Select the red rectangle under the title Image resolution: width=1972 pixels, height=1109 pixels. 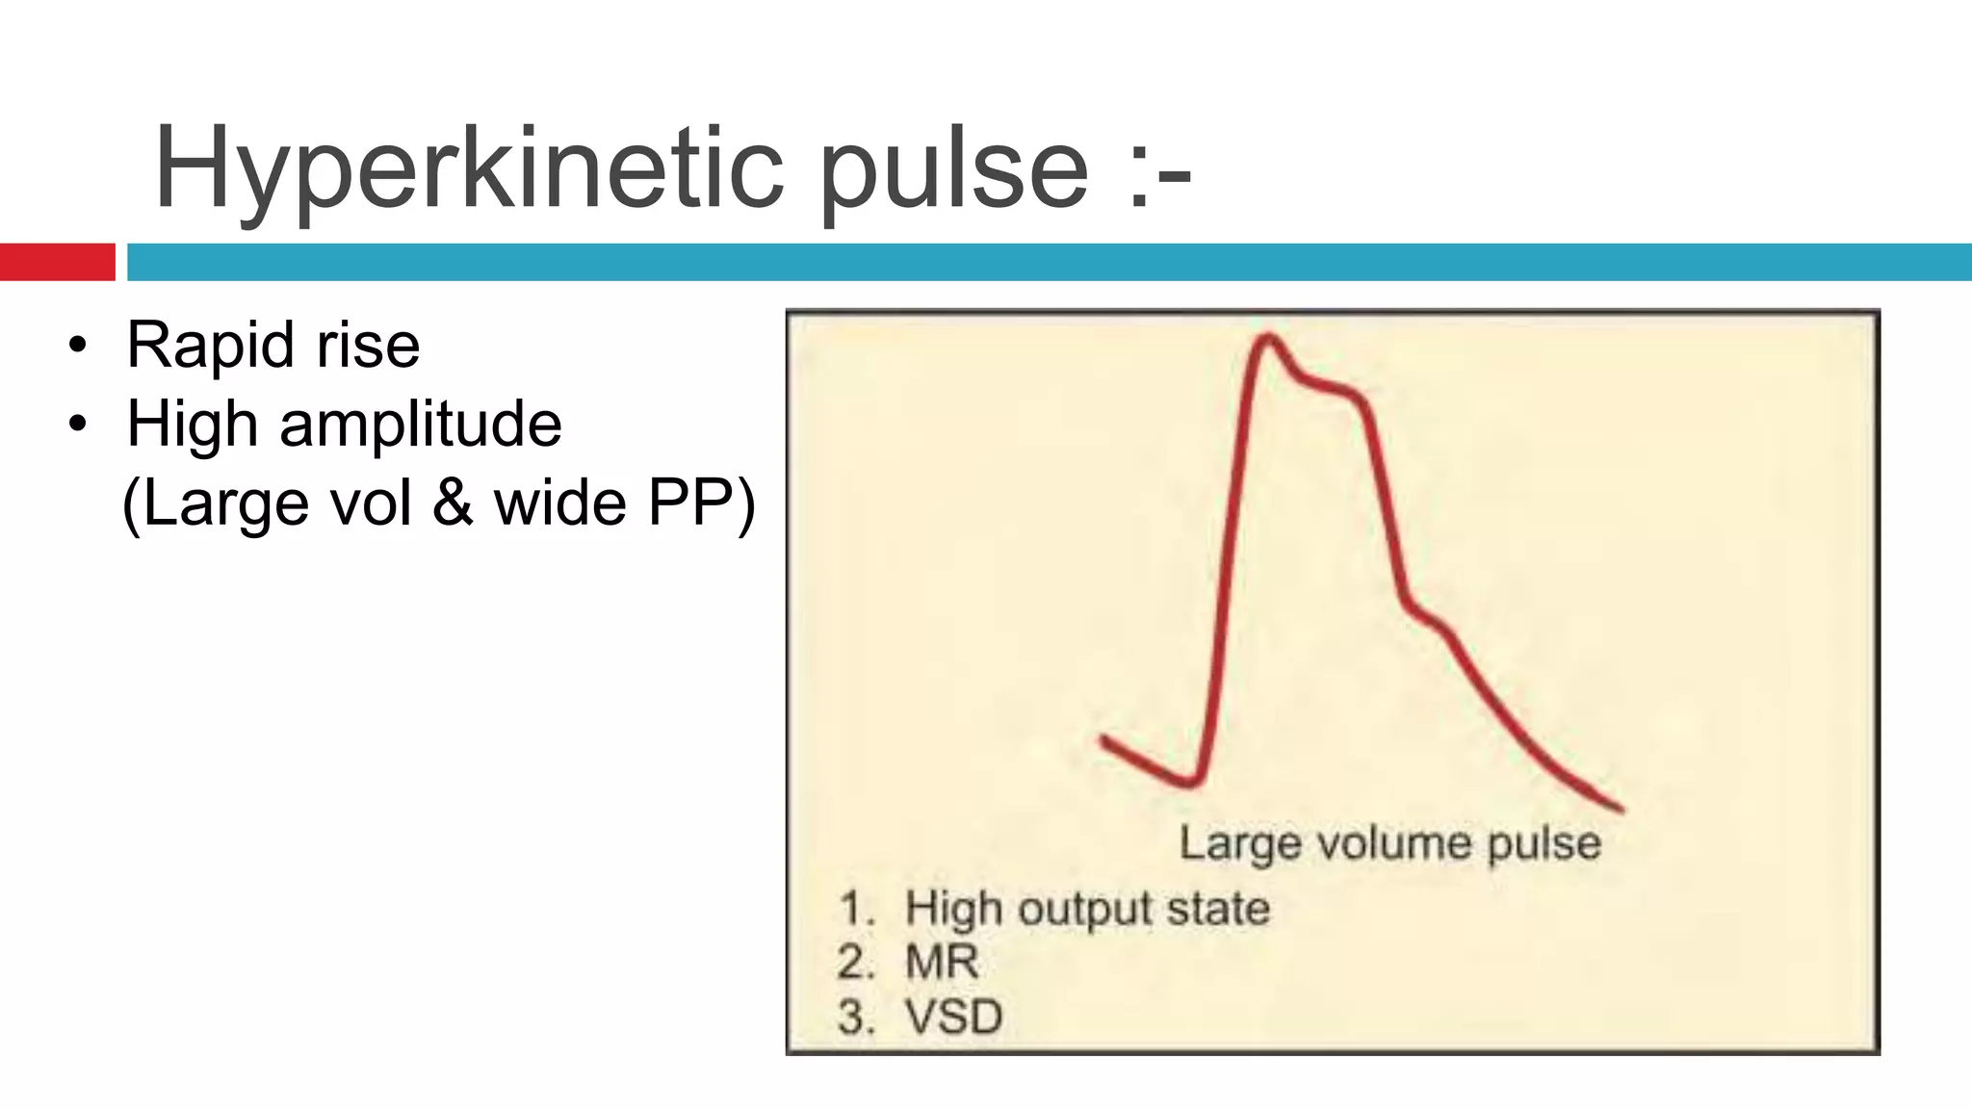point(57,262)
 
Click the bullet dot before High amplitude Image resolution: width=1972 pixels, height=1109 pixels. point(78,424)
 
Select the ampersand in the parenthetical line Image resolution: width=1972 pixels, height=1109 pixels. point(453,503)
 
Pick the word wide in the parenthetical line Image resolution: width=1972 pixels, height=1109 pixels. point(560,503)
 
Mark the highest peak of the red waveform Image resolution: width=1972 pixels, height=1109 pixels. point(1268,337)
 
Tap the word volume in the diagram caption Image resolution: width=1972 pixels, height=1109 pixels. point(1396,843)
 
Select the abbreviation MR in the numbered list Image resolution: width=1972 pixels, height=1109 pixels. point(942,962)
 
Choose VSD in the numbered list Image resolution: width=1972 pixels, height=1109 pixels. point(953,1017)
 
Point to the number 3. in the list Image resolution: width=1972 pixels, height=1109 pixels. point(855,1017)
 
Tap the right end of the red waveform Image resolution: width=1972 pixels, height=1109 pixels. point(1621,809)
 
